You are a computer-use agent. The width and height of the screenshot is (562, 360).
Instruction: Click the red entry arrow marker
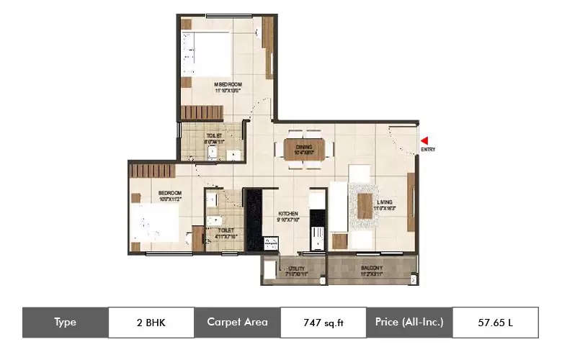click(425, 140)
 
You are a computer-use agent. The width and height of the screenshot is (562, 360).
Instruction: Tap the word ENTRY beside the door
click(429, 150)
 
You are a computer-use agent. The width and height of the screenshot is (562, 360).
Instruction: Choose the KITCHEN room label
click(288, 214)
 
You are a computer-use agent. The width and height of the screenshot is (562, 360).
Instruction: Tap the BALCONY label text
click(372, 269)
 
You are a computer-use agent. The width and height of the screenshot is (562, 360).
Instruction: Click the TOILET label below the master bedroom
click(214, 135)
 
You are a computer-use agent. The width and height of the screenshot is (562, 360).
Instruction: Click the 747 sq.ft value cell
click(324, 323)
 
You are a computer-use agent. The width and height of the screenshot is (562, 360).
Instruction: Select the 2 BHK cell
click(151, 323)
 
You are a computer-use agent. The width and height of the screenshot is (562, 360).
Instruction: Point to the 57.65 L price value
click(496, 323)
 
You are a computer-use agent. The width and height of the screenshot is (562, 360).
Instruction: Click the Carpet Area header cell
click(237, 323)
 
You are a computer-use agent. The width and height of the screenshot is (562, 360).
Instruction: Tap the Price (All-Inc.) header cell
click(409, 323)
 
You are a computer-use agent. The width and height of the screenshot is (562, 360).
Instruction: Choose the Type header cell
click(66, 323)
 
